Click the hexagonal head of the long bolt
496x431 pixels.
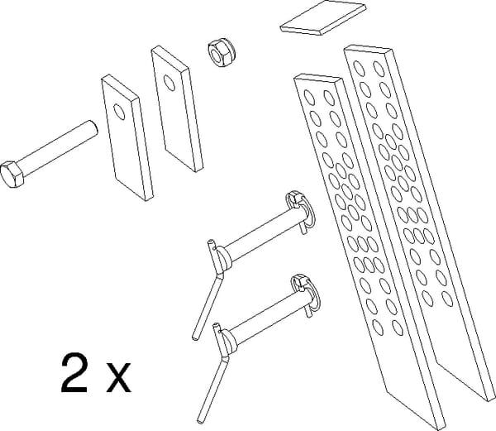[12, 174]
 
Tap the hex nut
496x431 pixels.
[221, 52]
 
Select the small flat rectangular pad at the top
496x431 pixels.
[323, 17]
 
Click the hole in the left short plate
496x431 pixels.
[119, 112]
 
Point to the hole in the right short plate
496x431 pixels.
[169, 83]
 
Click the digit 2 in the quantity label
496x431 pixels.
[74, 373]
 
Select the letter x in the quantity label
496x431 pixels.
[118, 377]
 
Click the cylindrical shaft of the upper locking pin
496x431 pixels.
[265, 232]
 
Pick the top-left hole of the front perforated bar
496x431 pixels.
[309, 97]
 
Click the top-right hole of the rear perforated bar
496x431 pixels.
[379, 69]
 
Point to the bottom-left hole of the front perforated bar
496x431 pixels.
[378, 328]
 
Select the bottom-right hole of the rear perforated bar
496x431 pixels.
[447, 299]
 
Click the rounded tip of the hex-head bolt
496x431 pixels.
[93, 128]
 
